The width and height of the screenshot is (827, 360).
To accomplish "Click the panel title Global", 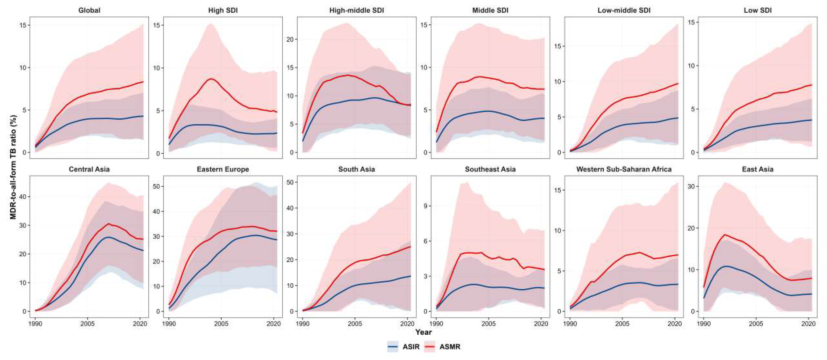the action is pyautogui.click(x=89, y=10).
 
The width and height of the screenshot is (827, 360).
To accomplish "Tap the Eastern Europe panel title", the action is pyautogui.click(x=223, y=169).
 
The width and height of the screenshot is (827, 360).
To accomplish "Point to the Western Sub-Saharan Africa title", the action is pyautogui.click(x=624, y=169).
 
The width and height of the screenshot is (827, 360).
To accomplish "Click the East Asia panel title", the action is pyautogui.click(x=758, y=169).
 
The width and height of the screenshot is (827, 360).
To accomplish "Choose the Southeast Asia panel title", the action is pyautogui.click(x=490, y=169).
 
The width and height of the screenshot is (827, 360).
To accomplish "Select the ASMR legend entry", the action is pyautogui.click(x=442, y=347).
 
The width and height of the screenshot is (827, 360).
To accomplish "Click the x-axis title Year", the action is pyautogui.click(x=423, y=332).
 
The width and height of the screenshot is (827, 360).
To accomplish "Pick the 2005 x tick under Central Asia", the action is pyautogui.click(x=87, y=324).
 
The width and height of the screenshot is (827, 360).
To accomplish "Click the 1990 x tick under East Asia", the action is pyautogui.click(x=703, y=324).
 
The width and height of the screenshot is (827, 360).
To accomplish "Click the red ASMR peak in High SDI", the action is pyautogui.click(x=211, y=79).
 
